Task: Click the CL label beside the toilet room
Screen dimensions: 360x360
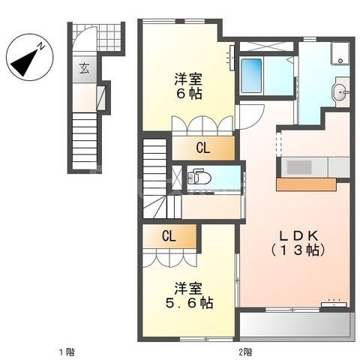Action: tap(203, 148)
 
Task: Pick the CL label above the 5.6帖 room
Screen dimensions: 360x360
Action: tap(169, 235)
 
